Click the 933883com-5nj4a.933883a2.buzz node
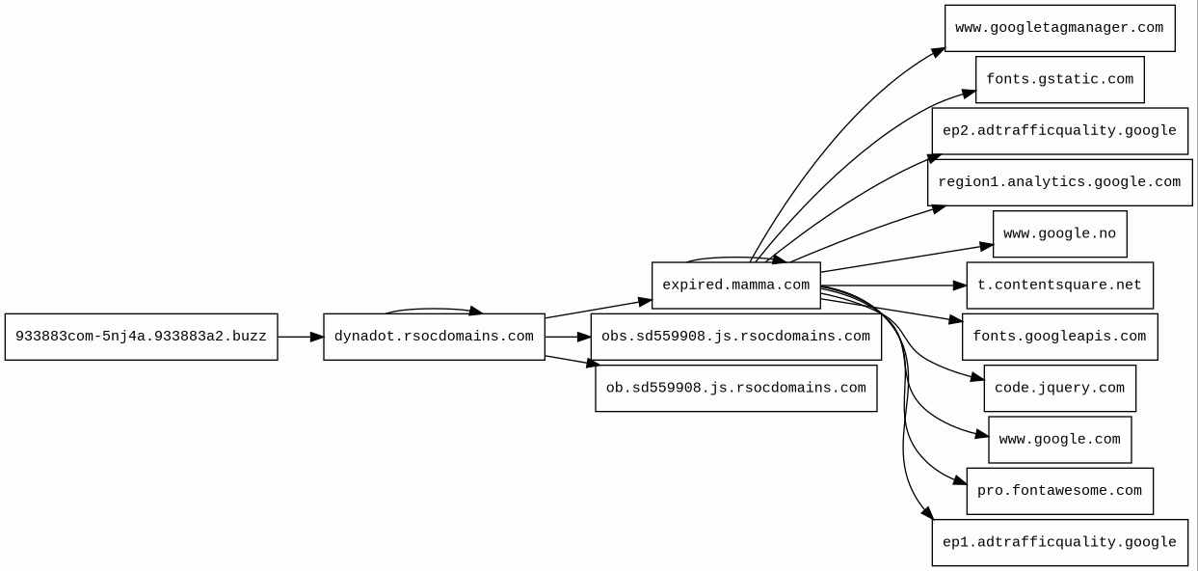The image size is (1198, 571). [x=141, y=337]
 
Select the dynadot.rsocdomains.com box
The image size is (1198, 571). [x=434, y=337]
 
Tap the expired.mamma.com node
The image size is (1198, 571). [x=735, y=285]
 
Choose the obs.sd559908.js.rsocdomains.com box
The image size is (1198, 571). [x=735, y=337]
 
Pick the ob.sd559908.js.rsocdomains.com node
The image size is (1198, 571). [x=735, y=388]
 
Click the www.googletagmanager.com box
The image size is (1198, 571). [x=1059, y=28]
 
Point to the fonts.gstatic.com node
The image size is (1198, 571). [x=1059, y=79]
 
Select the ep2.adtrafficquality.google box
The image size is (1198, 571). [x=1059, y=131]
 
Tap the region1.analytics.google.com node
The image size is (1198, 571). [x=1059, y=182]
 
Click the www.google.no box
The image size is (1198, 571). [x=1059, y=234]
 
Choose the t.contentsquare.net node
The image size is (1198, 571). [x=1059, y=285]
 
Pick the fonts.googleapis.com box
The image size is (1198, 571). [x=1059, y=337]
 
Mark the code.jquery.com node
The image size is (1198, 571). [x=1059, y=388]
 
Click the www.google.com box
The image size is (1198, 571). [x=1059, y=440]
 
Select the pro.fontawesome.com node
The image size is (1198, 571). [x=1059, y=491]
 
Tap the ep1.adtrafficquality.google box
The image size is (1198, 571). [x=1059, y=542]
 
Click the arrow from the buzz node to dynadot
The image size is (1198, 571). [x=300, y=337]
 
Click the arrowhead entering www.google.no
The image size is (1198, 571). [x=986, y=247]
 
